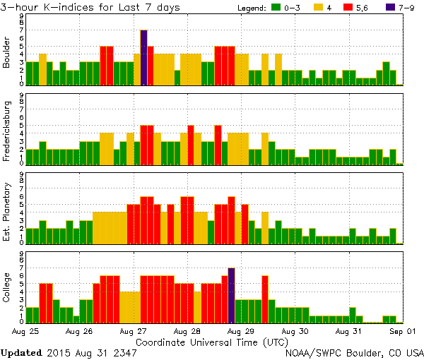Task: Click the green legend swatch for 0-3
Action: click(x=277, y=8)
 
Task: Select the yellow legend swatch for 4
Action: click(x=317, y=8)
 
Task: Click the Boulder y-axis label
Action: click(x=6, y=52)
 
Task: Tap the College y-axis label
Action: click(x=6, y=289)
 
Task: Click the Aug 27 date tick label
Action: click(x=134, y=330)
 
